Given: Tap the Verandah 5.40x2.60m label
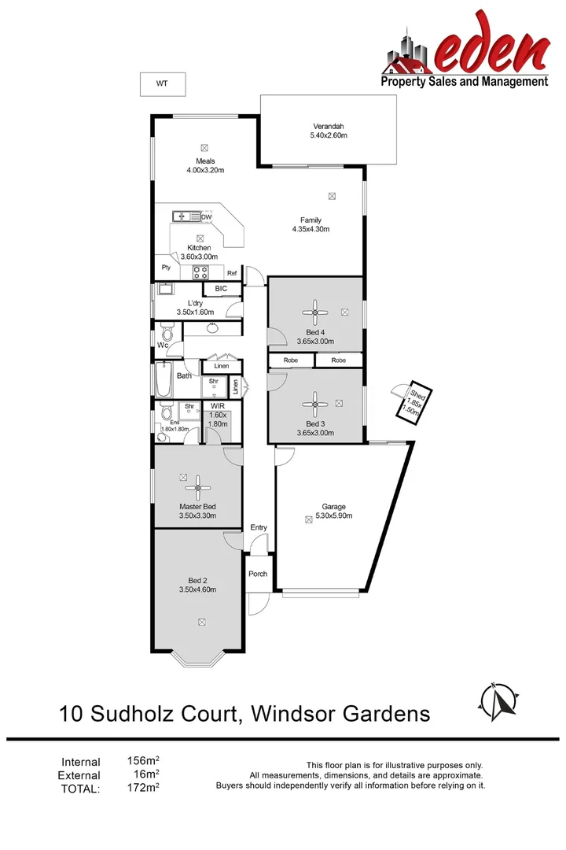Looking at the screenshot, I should [328, 131].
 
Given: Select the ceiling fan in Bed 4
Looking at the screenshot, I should [315, 312].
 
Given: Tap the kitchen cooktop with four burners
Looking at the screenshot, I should [200, 273].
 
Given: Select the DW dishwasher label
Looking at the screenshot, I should [207, 217].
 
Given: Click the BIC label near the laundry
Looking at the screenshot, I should [221, 289].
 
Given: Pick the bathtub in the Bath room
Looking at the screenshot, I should [164, 379].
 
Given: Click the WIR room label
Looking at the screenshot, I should [218, 406].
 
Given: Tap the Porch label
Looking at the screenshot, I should [258, 574].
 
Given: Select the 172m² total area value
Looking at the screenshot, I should [143, 787].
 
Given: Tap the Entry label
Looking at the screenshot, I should [259, 527].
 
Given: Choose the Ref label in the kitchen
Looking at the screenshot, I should [232, 273].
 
